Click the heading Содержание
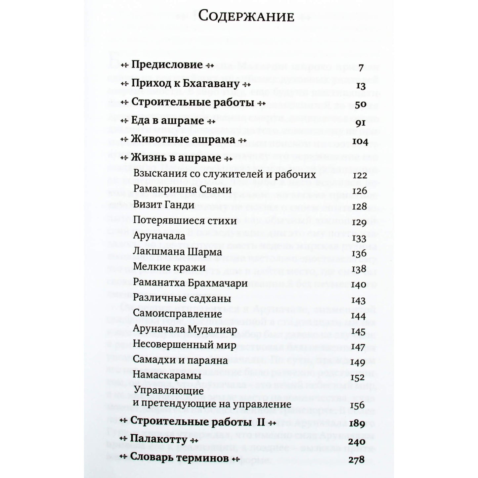click(x=247, y=17)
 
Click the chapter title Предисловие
click(x=167, y=65)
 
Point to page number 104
click(x=356, y=142)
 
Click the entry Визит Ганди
click(x=163, y=205)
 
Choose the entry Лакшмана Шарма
click(x=177, y=252)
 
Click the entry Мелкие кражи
click(x=169, y=267)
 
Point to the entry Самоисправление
click(x=177, y=313)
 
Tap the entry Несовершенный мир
click(x=185, y=345)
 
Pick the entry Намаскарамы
click(x=167, y=376)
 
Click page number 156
click(x=357, y=405)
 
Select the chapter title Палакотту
click(x=159, y=440)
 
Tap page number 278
click(x=356, y=459)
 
